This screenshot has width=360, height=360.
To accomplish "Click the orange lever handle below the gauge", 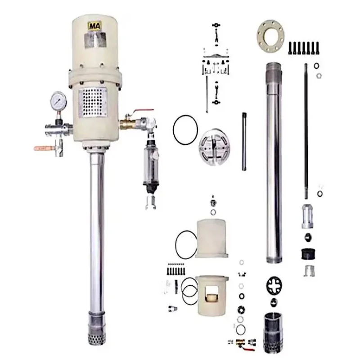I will point(43,147).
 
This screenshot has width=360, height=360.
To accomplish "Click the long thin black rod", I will point(306,130).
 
